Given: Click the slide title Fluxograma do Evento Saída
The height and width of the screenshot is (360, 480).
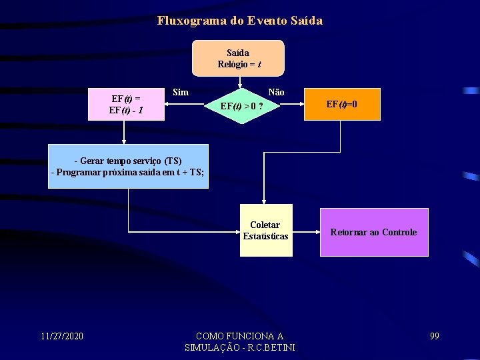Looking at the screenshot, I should point(240,21).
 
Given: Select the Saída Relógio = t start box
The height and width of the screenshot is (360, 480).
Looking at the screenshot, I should point(238,58).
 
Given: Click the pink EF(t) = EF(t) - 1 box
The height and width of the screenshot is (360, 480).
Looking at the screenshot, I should point(126,104).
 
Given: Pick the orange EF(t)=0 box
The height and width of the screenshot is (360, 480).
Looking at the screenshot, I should point(341,104).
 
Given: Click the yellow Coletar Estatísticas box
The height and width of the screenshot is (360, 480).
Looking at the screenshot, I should point(265,230).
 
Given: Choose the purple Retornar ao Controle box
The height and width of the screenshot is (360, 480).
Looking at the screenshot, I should point(373,232).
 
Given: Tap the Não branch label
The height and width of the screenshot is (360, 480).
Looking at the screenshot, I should point(276,93).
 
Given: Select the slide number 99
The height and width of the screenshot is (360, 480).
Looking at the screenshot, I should point(435,335).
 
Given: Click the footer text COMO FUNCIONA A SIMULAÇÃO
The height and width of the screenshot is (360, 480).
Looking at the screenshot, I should point(239,341).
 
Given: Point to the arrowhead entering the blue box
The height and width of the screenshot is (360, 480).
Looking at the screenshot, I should point(123,141).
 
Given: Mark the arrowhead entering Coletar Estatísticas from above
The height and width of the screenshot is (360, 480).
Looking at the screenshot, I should point(265,201).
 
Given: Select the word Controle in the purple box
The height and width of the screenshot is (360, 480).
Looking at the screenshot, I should point(399,232).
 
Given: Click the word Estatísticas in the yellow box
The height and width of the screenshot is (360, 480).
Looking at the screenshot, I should point(265,236).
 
